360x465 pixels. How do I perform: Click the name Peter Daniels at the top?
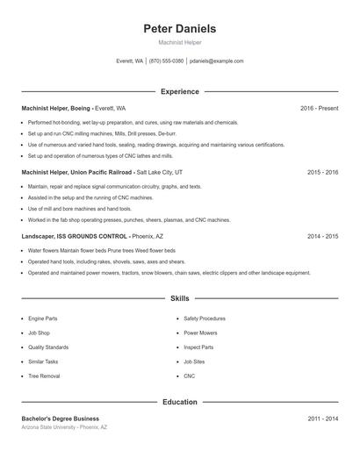179,29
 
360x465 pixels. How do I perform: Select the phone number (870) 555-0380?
166,61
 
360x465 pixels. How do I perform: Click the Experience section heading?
179,91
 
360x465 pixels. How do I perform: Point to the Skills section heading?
179,299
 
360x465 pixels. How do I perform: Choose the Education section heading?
179,402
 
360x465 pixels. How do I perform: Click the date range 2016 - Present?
319,108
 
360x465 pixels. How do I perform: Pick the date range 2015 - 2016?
322,173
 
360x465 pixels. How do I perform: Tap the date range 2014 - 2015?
322,237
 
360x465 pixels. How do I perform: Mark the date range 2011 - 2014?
322,418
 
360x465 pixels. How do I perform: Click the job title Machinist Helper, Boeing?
56,108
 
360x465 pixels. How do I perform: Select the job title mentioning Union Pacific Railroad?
76,173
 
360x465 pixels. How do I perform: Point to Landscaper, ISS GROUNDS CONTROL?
75,237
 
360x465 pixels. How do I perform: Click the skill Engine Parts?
42,318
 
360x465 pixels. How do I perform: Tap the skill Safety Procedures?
205,318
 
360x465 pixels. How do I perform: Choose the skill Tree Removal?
44,376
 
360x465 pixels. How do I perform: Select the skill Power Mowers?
200,333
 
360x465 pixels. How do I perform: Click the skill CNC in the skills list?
189,376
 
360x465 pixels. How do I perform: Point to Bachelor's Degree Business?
61,418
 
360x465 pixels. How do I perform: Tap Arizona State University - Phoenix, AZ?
64,427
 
